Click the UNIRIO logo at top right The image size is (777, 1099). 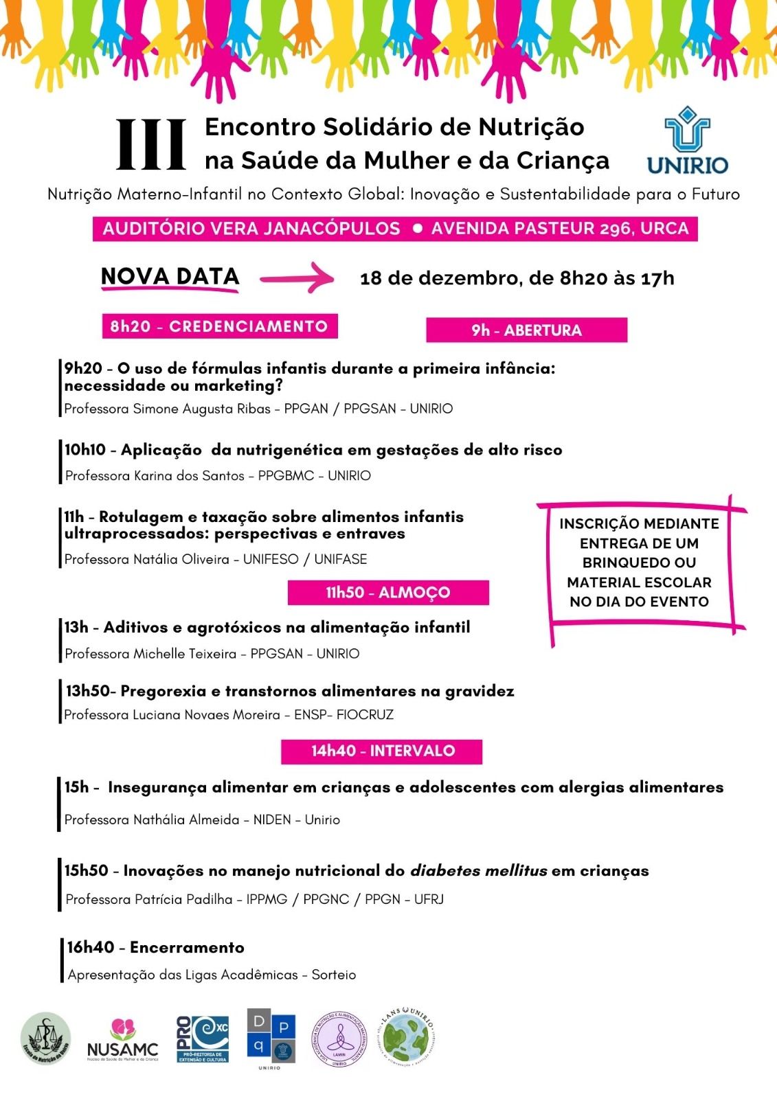687,141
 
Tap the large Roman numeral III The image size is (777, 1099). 151,144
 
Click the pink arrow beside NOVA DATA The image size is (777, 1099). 297,277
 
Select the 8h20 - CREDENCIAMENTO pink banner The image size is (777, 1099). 219,326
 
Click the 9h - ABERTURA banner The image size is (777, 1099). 526,330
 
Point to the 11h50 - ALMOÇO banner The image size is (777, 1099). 388,593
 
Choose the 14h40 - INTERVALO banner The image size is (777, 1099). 382,751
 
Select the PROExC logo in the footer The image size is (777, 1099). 203,1039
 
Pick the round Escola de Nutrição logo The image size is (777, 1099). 45,1039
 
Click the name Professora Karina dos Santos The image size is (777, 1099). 155,475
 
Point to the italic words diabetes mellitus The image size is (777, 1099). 479,871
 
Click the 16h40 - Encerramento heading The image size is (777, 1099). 155,947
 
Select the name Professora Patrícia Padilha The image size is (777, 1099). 149,899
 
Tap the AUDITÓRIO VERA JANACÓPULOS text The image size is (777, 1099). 251,229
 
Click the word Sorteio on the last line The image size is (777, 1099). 334,975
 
